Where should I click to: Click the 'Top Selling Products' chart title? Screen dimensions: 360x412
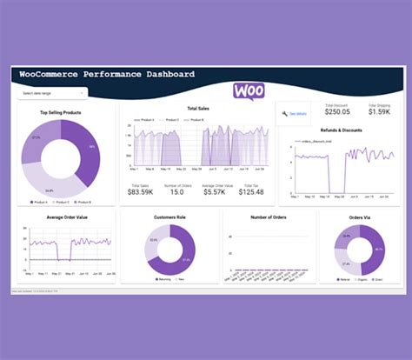[61, 112]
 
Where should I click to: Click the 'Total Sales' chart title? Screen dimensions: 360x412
[197, 109]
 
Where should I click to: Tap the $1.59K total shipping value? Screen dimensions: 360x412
[378, 111]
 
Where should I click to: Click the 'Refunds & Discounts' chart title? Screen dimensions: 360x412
[341, 130]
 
